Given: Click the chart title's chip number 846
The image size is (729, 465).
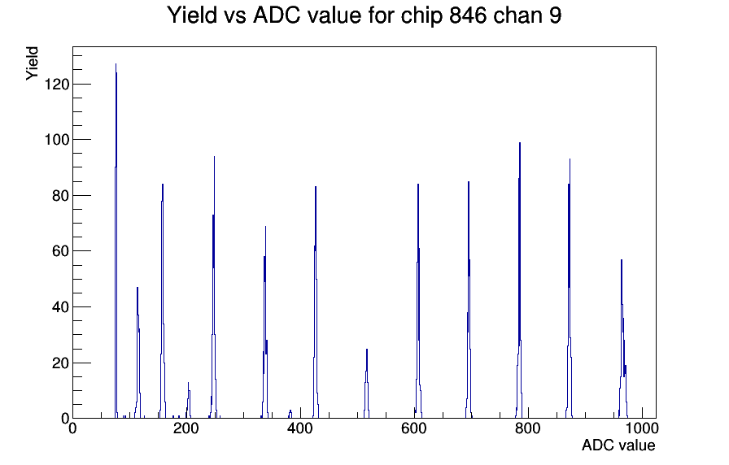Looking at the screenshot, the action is click(467, 15).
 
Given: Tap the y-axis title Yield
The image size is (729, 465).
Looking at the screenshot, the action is click(32, 63).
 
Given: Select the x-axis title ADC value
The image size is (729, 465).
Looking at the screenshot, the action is click(618, 445).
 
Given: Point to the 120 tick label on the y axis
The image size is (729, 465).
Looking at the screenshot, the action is click(57, 84).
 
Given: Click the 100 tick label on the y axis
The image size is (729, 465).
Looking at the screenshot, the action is click(57, 140).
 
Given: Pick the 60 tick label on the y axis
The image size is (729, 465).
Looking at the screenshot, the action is click(61, 251).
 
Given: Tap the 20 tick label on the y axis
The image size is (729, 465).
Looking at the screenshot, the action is click(61, 363).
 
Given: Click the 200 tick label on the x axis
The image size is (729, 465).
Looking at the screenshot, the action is click(186, 428).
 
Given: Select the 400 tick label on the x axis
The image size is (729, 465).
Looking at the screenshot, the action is click(300, 428).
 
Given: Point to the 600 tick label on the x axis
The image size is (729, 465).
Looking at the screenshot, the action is click(414, 428).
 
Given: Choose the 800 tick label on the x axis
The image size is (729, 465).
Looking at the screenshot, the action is click(528, 428).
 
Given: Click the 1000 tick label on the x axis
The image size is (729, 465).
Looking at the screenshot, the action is click(642, 428).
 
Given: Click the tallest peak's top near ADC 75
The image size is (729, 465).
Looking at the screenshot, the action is click(116, 64).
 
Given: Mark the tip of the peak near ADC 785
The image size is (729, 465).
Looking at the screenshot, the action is click(520, 143).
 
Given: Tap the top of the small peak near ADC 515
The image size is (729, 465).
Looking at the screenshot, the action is click(367, 350).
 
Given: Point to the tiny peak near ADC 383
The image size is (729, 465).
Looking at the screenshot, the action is click(290, 411).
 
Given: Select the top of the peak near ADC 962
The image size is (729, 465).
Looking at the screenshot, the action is click(621, 260).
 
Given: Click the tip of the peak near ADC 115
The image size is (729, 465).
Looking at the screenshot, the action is click(138, 288).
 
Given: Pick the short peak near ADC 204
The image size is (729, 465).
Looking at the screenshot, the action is click(188, 383).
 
